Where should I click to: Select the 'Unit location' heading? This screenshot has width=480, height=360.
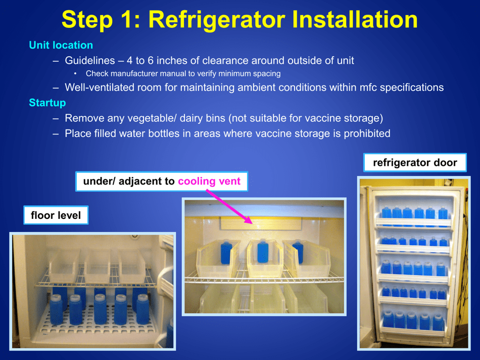coord(61,45)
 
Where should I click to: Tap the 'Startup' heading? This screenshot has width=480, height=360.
coord(47,103)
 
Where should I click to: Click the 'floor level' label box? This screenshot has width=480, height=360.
coord(56,215)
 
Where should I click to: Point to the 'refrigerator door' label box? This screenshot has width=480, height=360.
coord(415,163)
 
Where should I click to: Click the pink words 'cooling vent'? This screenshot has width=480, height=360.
coord(209,181)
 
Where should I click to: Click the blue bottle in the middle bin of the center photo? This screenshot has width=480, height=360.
coord(263,251)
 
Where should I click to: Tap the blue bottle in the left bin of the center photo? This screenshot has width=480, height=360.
coord(225,252)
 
